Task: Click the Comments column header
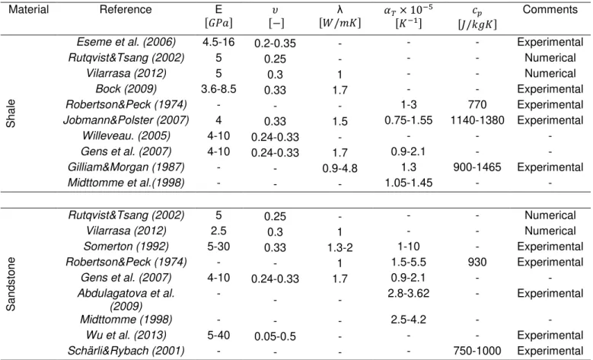coord(550,9)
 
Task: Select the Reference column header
coord(126,9)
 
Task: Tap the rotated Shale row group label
coord(11,113)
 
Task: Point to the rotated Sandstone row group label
coord(11,284)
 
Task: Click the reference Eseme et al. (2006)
coord(126,42)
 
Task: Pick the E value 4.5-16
coord(218,42)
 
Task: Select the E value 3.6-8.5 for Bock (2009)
coord(218,89)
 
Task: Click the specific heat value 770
coord(477,105)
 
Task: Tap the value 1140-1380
coord(477,120)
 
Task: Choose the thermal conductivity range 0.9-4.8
coord(340,168)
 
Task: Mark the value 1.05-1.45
coord(409,183)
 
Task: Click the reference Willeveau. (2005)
coord(126,135)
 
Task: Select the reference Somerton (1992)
coord(126,247)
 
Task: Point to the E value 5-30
coord(218,247)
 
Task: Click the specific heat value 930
coord(477,262)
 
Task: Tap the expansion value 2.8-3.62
coord(409,294)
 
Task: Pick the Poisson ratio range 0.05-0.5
coord(275,336)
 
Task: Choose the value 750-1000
coord(477,351)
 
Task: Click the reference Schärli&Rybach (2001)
coord(126,351)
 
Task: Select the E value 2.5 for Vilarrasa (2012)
coord(218,231)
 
